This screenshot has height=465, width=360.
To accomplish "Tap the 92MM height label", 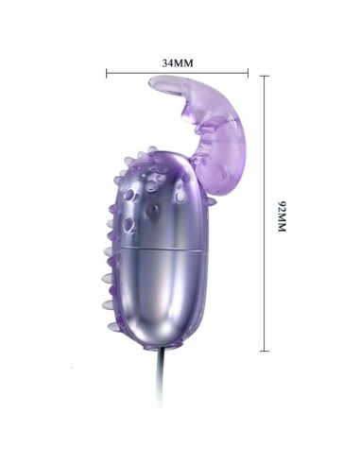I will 281,215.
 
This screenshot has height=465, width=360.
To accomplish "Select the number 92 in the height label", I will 281,203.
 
